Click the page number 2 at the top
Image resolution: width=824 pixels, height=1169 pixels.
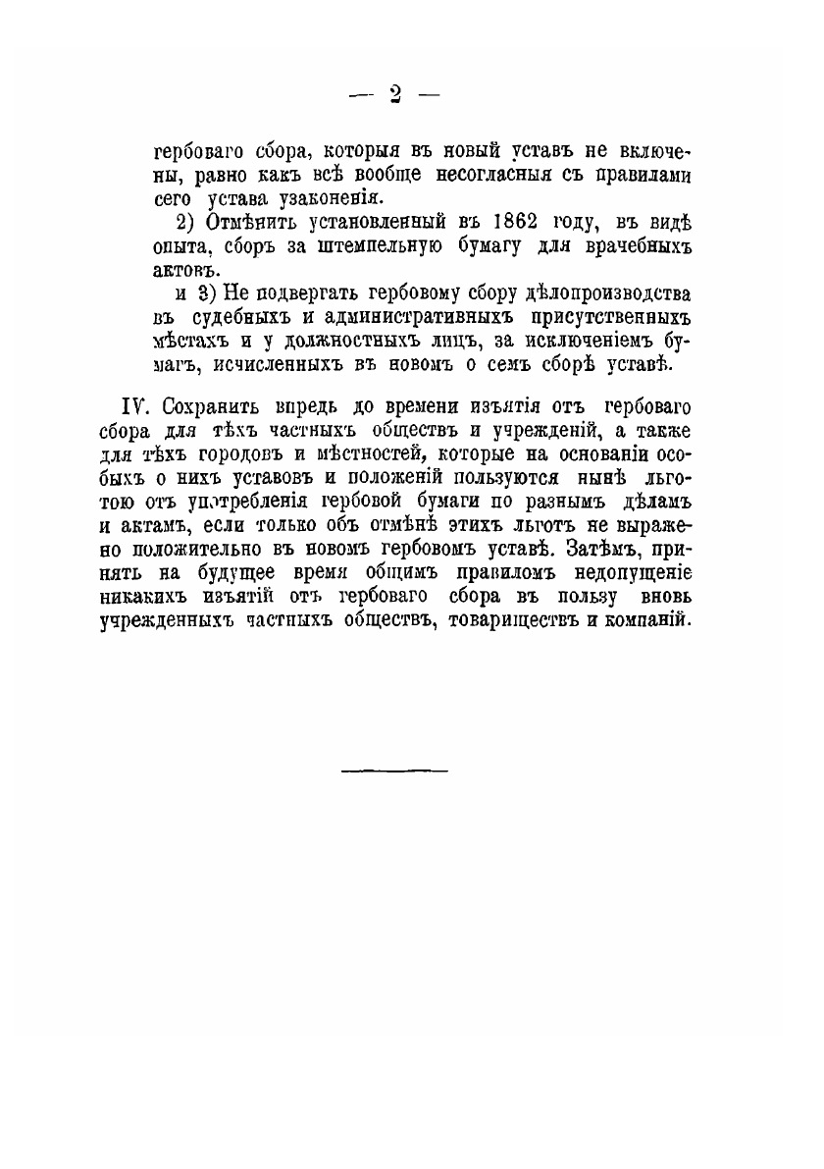click(396, 94)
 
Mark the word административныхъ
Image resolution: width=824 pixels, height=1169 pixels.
click(417, 318)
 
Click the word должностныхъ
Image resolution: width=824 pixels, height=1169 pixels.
click(336, 343)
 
